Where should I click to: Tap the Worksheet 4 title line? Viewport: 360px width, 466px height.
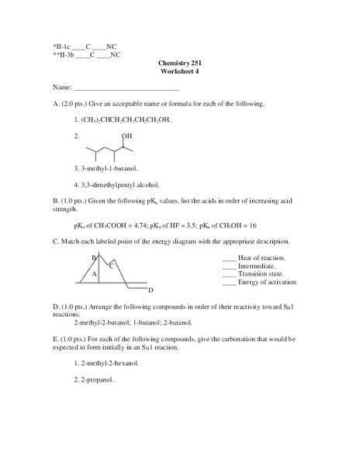(180, 71)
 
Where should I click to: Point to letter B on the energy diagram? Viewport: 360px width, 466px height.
(94, 257)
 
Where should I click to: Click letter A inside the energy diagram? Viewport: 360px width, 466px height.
(94, 274)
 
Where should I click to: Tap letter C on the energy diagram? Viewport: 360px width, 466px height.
(111, 266)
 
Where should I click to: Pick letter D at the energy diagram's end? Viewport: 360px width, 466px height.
(150, 289)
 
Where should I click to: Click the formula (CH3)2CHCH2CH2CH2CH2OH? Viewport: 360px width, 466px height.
(125, 120)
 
